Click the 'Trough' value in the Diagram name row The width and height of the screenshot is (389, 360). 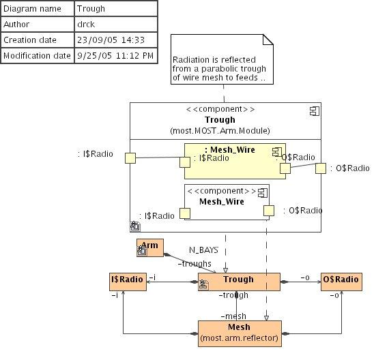click(x=91, y=9)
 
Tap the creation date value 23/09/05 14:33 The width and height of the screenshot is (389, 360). click(x=111, y=40)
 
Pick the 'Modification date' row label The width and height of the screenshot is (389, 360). click(x=37, y=55)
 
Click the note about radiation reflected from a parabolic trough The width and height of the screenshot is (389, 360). click(x=222, y=59)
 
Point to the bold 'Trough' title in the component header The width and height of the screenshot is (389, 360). click(x=220, y=120)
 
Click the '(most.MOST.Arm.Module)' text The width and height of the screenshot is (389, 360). click(x=220, y=131)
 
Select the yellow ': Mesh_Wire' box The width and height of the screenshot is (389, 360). click(x=235, y=161)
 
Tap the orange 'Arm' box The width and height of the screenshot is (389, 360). click(x=150, y=247)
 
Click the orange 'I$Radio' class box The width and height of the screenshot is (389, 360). click(x=128, y=282)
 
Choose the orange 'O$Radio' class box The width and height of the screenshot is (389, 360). click(x=341, y=282)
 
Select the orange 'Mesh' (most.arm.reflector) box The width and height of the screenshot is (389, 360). click(x=240, y=333)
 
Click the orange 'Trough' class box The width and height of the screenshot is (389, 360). click(x=239, y=282)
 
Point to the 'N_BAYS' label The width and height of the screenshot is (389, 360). click(x=203, y=250)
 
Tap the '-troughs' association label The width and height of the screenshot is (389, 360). click(x=194, y=264)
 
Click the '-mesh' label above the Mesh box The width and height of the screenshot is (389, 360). click(x=233, y=316)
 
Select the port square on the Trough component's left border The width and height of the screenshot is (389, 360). click(x=130, y=158)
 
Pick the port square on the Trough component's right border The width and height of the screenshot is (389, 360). click(x=321, y=168)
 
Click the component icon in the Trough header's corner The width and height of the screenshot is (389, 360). click(x=315, y=111)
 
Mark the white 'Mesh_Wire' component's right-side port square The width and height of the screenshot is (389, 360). click(x=269, y=211)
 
